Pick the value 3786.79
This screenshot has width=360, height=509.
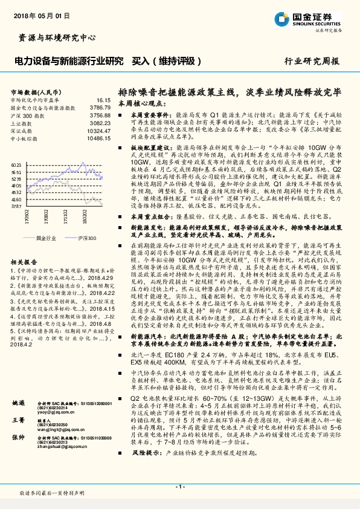pos(100,107)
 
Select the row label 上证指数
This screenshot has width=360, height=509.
pos(22,123)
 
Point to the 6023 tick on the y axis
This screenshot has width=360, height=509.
pos(16,164)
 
